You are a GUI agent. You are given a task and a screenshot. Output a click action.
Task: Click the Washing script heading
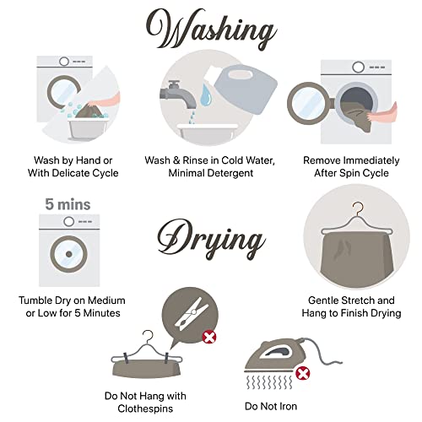[212, 30]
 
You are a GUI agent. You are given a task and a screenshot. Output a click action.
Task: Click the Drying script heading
[212, 239]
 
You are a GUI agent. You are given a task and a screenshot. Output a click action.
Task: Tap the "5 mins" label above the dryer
[68, 204]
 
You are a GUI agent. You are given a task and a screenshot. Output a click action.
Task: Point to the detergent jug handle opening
[241, 74]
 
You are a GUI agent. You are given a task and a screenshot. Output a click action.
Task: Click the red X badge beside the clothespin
[209, 337]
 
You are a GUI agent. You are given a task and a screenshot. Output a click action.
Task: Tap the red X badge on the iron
[303, 374]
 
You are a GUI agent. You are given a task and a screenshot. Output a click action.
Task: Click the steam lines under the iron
[269, 382]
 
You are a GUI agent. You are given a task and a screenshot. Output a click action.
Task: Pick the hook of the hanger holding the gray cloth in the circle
[357, 208]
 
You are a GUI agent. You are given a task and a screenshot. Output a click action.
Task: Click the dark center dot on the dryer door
[69, 254]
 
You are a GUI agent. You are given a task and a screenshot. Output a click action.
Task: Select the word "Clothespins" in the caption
[145, 408]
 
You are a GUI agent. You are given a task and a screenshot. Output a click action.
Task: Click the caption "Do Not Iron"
[271, 406]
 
